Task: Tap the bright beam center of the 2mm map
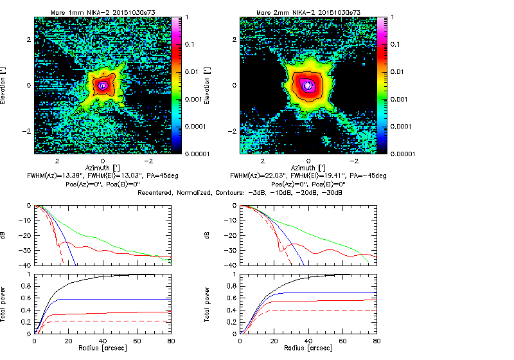(x=308, y=85)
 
